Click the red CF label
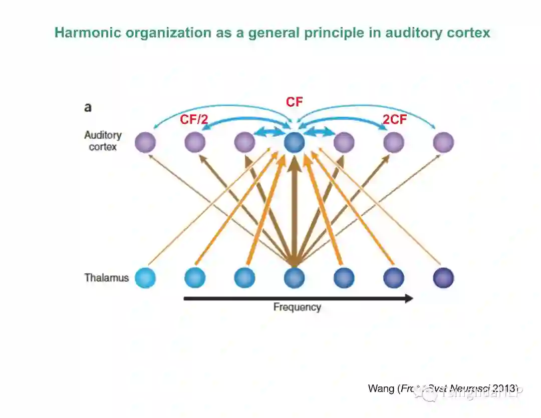tap(294, 102)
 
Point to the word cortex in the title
tap(467, 33)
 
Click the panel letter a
tap(88, 107)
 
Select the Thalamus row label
tap(106, 278)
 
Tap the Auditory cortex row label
tap(103, 141)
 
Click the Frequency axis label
tap(297, 307)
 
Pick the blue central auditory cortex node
tap(294, 143)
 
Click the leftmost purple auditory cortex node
tap(145, 143)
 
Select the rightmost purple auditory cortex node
tap(443, 143)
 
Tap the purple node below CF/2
tap(195, 143)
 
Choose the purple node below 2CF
tap(394, 143)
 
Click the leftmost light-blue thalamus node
tap(145, 278)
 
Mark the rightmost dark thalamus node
tap(443, 278)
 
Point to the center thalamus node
tap(294, 278)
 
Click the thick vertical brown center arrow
tap(294, 210)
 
